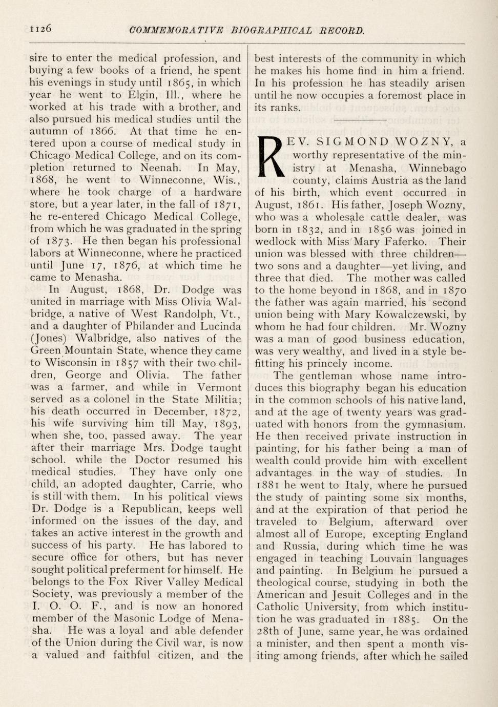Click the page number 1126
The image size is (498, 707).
coord(40,29)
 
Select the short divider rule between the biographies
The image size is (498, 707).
coord(360,120)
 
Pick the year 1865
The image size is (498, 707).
coord(182,82)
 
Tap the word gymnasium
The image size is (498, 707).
coord(433,424)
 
